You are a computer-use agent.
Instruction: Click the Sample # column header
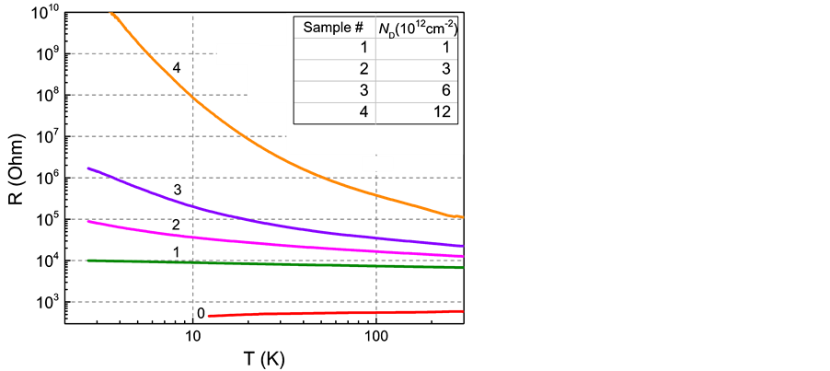click(335, 28)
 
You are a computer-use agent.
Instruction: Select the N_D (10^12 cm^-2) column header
click(419, 28)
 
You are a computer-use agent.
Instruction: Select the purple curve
click(276, 224)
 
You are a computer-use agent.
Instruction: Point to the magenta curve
click(276, 244)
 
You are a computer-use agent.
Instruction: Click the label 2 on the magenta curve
click(175, 226)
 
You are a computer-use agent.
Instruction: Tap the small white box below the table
click(377, 164)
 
